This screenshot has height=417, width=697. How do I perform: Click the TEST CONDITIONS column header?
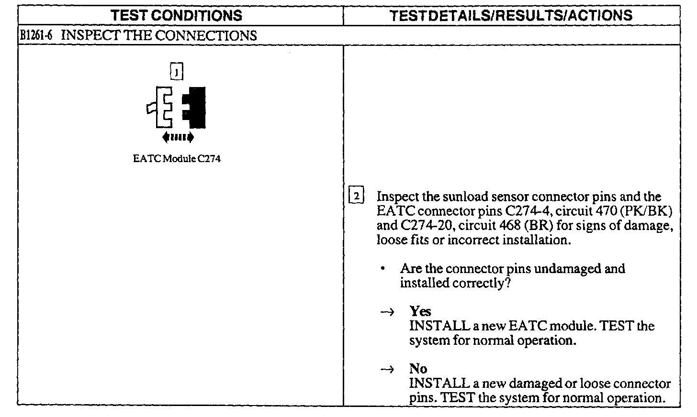coord(177,16)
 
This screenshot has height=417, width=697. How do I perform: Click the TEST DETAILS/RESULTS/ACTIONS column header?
coord(511,16)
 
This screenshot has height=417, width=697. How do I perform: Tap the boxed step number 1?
coord(177,72)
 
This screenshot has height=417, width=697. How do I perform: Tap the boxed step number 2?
coord(357,197)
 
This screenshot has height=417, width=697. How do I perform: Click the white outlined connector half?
coord(162,108)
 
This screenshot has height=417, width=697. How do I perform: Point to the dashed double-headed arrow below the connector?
coord(178,138)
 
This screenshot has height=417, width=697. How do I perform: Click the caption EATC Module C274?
coord(177,159)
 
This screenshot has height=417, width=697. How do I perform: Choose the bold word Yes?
coord(420,311)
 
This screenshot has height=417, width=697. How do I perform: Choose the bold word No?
coord(418,369)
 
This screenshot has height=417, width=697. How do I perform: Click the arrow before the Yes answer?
coord(387,312)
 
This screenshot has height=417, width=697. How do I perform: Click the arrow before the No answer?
coord(387,369)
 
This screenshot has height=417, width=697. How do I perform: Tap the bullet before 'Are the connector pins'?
coord(383,269)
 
